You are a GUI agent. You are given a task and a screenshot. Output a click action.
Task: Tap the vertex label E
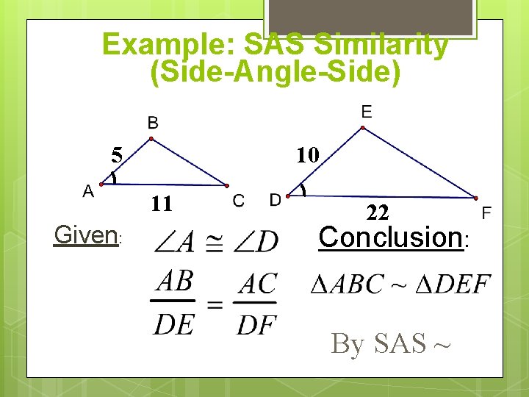click(x=367, y=111)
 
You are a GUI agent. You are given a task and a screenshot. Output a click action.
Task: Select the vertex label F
click(x=486, y=213)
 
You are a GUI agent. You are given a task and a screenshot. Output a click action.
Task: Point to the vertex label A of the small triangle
click(x=87, y=191)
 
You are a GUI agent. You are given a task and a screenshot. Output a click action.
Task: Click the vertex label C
click(x=239, y=200)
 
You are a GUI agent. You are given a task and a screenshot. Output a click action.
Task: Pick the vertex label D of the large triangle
click(x=276, y=199)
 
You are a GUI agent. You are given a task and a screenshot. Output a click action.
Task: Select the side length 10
click(x=307, y=154)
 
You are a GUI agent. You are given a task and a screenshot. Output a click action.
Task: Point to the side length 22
click(x=378, y=212)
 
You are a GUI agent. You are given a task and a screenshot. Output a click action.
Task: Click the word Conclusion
click(x=389, y=237)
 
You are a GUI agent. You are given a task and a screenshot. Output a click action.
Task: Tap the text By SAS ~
click(x=390, y=343)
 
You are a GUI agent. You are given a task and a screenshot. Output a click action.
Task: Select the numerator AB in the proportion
click(x=175, y=280)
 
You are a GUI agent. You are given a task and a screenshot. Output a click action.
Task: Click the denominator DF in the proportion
click(x=256, y=324)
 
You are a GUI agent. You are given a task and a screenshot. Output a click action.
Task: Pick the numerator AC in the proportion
click(x=256, y=283)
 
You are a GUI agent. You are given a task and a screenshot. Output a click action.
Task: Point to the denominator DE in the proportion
click(x=175, y=323)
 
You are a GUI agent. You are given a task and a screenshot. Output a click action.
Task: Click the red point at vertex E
click(x=362, y=127)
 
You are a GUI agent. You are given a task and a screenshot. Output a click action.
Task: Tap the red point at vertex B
click(x=151, y=138)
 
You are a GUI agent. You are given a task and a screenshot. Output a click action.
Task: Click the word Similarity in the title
click(x=381, y=45)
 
